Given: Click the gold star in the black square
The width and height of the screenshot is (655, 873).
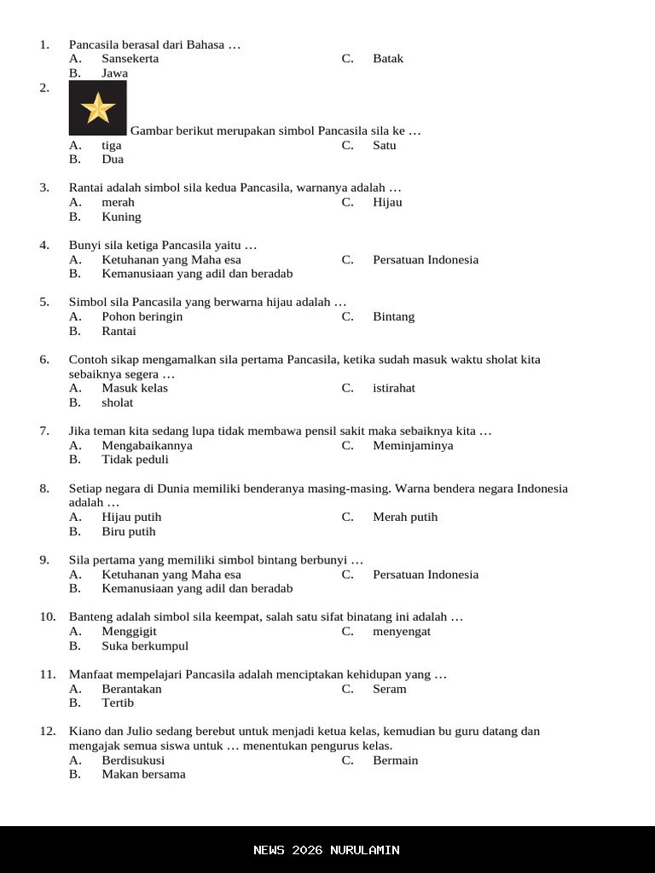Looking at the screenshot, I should (x=98, y=108).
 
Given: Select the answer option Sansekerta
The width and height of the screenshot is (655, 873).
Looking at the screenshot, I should (x=130, y=59).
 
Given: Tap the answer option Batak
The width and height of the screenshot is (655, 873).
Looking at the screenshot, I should (x=387, y=59).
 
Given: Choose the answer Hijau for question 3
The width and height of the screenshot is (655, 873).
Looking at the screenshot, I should (x=386, y=202).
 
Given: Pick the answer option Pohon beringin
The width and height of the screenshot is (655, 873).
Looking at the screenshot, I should (x=142, y=316).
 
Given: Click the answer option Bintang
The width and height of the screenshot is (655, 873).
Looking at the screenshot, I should (x=393, y=316).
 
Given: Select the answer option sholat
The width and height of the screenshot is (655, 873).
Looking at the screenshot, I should (x=117, y=402).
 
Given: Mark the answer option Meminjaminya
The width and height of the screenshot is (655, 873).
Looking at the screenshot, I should (x=413, y=445).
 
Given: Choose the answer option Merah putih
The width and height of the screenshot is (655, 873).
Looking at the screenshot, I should (x=404, y=517).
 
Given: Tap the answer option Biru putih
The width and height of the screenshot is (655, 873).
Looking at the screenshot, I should (x=128, y=531).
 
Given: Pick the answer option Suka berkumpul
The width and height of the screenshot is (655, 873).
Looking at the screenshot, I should (x=145, y=646).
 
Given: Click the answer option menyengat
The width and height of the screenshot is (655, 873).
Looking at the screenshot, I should (x=401, y=632).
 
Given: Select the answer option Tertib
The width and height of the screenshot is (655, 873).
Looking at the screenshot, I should (x=118, y=703).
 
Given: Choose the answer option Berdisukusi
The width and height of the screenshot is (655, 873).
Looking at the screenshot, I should (x=133, y=760).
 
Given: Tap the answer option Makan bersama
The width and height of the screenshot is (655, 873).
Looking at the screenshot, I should (x=143, y=775).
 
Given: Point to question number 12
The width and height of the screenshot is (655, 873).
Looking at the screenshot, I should (x=48, y=731).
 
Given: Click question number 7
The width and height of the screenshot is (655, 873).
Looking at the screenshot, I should (x=44, y=431).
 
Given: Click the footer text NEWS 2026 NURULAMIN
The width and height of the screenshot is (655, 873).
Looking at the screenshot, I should (x=327, y=850).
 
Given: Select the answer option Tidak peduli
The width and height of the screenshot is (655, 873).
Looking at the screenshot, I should (x=135, y=460).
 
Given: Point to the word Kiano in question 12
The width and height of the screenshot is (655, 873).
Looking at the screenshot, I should (x=84, y=731).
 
